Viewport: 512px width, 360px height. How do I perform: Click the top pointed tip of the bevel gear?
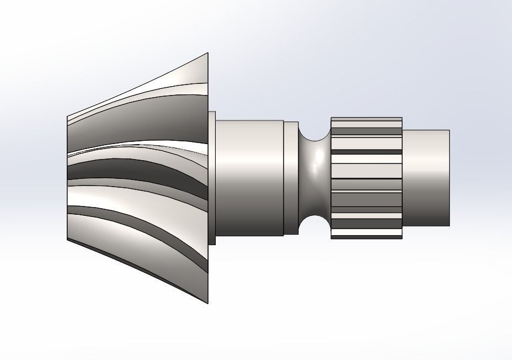click(207, 54)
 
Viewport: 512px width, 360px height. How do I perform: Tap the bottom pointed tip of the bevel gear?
click(207, 303)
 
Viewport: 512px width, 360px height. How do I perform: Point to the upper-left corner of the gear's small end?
click(67, 117)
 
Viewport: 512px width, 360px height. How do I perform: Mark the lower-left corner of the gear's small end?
click(67, 240)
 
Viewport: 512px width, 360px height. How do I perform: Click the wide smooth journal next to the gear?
click(248, 178)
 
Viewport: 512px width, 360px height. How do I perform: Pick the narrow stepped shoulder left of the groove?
click(291, 178)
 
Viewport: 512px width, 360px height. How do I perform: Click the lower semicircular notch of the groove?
click(314, 225)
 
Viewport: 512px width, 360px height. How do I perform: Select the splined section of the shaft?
click(366, 178)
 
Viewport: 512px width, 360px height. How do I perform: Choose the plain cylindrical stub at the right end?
click(426, 178)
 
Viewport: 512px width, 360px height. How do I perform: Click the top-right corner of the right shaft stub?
click(449, 131)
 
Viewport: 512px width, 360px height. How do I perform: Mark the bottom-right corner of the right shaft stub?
click(449, 226)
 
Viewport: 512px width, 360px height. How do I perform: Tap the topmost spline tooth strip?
click(366, 119)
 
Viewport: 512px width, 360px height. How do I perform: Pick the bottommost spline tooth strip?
click(366, 236)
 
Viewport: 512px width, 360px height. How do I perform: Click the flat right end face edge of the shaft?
click(449, 178)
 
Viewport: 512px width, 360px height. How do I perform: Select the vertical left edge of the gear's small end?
click(67, 178)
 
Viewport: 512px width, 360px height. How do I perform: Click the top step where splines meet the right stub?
click(402, 131)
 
